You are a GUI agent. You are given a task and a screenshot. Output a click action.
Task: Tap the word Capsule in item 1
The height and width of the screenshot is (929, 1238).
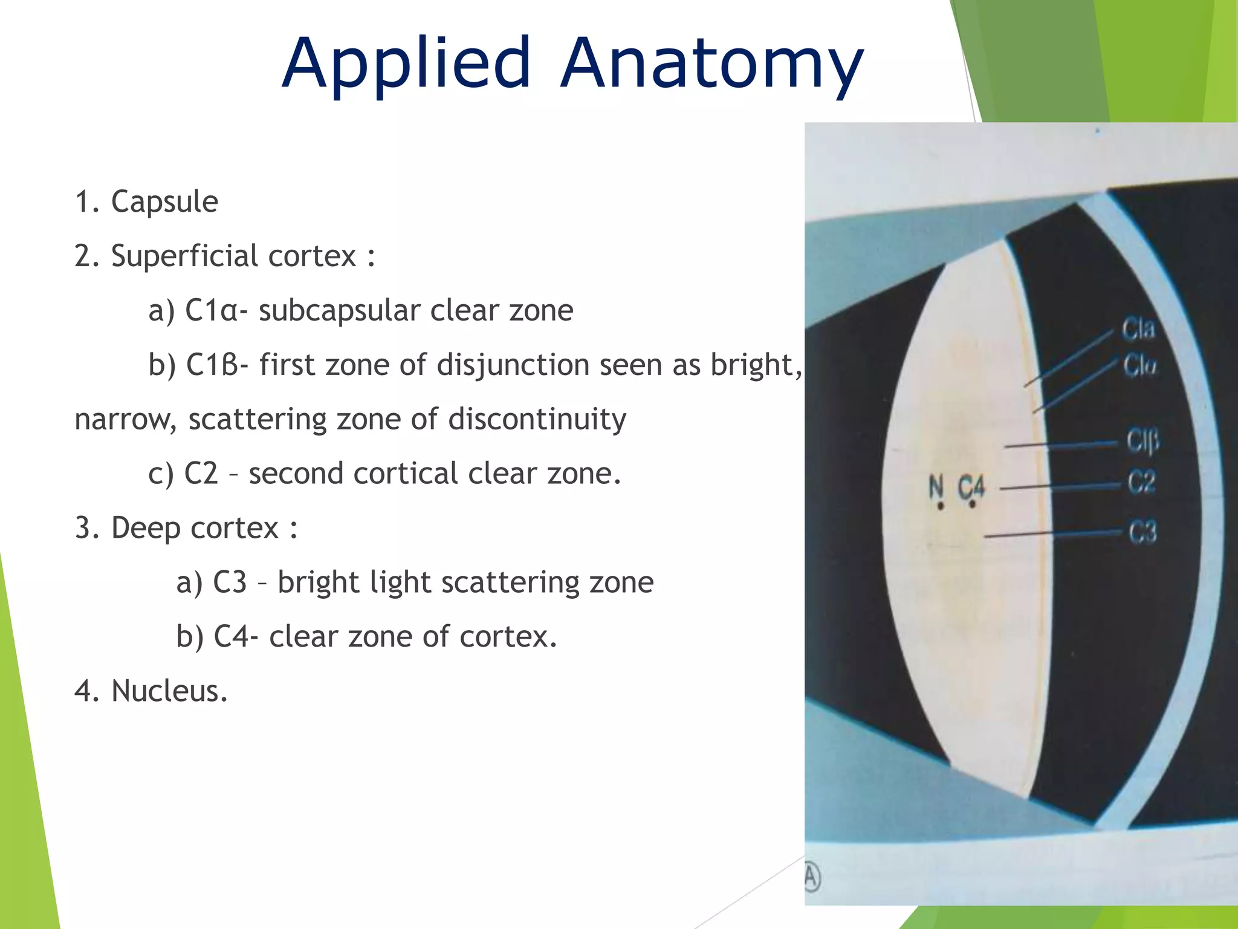tap(164, 201)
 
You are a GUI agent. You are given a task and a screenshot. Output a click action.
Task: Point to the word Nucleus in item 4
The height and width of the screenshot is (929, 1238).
tap(169, 691)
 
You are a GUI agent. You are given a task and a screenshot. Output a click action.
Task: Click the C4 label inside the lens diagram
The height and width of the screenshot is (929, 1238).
tap(971, 487)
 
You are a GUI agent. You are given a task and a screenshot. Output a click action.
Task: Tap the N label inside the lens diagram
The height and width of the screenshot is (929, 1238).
tap(936, 487)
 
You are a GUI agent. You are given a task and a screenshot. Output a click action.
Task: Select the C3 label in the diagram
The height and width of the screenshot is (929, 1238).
tap(1142, 533)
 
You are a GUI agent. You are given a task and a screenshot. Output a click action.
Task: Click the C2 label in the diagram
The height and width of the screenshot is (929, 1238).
tap(1141, 483)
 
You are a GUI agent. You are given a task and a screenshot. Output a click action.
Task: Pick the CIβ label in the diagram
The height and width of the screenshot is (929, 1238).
tap(1142, 440)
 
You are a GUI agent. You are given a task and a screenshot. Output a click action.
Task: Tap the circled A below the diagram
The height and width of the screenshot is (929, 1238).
tap(812, 877)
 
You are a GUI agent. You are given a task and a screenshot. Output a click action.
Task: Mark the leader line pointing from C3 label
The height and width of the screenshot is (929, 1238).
tap(1052, 534)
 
